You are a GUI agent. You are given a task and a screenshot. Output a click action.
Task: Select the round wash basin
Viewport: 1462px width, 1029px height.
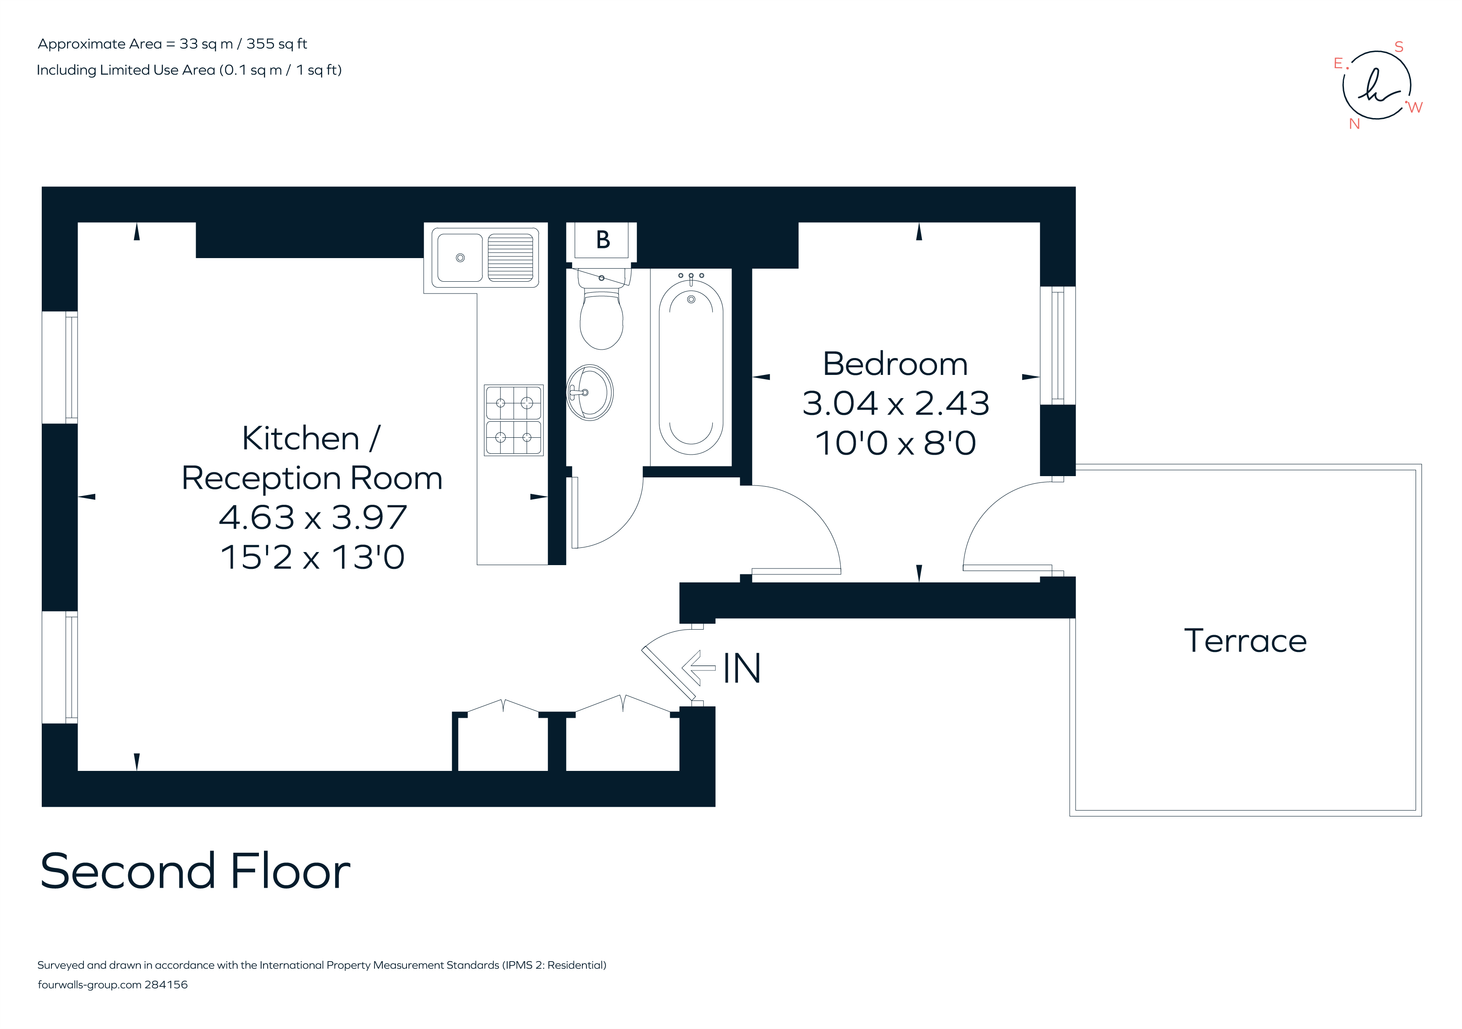[590, 392]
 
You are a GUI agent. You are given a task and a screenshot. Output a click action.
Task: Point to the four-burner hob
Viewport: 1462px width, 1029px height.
[513, 420]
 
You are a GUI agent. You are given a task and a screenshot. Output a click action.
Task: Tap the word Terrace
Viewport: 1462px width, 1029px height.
[1245, 641]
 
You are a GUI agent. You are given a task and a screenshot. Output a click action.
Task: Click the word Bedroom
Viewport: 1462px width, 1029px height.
[895, 364]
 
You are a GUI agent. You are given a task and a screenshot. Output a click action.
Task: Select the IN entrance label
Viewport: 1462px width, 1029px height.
[742, 668]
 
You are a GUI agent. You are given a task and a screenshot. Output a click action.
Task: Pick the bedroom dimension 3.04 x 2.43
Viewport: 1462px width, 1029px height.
[895, 404]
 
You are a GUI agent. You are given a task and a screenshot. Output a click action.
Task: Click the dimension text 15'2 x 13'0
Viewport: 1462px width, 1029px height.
[312, 557]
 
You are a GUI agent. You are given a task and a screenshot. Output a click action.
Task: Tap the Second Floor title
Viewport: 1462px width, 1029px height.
[195, 871]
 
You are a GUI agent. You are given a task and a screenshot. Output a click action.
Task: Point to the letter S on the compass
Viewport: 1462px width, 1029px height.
[1399, 46]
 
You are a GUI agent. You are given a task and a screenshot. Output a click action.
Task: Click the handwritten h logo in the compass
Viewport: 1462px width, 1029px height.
[1376, 87]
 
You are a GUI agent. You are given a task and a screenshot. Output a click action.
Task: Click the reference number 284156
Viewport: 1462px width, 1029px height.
[166, 984]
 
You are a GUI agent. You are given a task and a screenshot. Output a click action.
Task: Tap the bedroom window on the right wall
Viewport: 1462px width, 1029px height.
[1057, 345]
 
